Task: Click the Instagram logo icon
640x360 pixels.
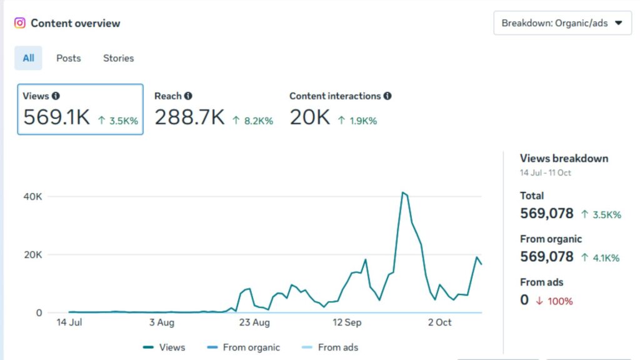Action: click(20, 23)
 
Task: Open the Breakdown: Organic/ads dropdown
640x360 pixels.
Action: click(562, 23)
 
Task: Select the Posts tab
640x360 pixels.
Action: click(69, 58)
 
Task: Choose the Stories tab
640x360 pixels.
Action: click(118, 58)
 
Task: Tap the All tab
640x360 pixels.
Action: click(29, 58)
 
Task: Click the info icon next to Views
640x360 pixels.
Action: click(56, 96)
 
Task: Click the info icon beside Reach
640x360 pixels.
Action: click(188, 96)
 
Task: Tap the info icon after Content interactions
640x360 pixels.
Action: click(387, 96)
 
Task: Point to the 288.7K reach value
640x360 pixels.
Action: click(189, 117)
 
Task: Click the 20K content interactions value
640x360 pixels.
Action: click(309, 117)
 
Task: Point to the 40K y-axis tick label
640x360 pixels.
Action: click(33, 196)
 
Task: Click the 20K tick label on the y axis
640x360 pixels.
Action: click(33, 254)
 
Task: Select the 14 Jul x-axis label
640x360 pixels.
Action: click(70, 322)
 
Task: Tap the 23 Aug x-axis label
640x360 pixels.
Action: click(255, 322)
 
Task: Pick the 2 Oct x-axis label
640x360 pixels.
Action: click(439, 322)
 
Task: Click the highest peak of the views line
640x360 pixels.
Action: click(403, 192)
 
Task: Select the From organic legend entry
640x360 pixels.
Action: click(244, 347)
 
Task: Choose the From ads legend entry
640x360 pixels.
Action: click(329, 347)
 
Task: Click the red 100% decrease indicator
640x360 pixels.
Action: click(555, 301)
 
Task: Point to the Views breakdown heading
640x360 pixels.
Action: click(564, 158)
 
